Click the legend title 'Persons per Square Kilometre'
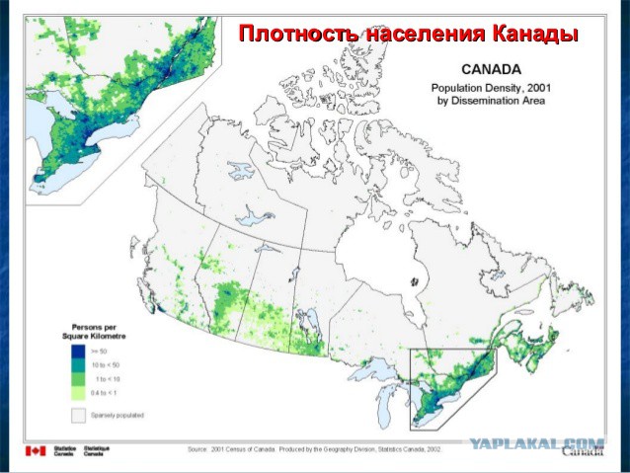point(103,330)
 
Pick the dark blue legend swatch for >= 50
point(77,351)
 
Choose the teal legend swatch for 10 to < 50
point(77,365)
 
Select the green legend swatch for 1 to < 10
point(77,379)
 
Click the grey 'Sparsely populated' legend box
point(77,416)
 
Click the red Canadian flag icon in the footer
point(36,451)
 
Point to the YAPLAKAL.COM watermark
point(539,444)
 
